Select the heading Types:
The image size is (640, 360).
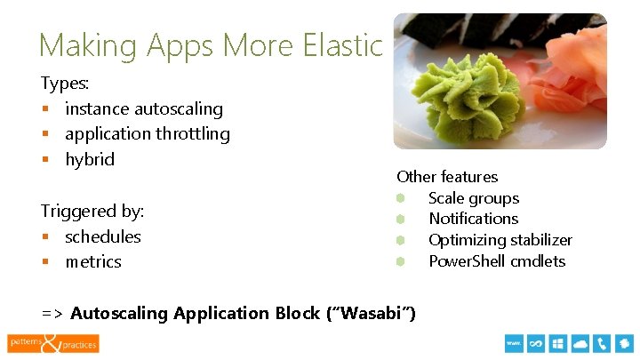click(x=66, y=84)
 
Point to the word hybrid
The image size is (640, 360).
click(x=90, y=160)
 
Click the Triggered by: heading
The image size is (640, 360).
click(x=92, y=212)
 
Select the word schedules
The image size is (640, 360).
click(x=103, y=236)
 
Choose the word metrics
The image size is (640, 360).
click(x=93, y=262)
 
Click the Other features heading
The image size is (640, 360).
click(x=447, y=177)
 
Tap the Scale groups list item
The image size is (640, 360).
click(x=473, y=198)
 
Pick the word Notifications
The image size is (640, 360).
click(x=473, y=219)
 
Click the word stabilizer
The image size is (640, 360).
click(x=538, y=240)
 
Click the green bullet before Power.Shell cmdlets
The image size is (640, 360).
click(x=401, y=261)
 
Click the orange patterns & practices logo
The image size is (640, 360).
click(x=53, y=342)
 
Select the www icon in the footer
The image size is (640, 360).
click(x=513, y=343)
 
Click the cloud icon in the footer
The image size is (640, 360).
click(x=580, y=343)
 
